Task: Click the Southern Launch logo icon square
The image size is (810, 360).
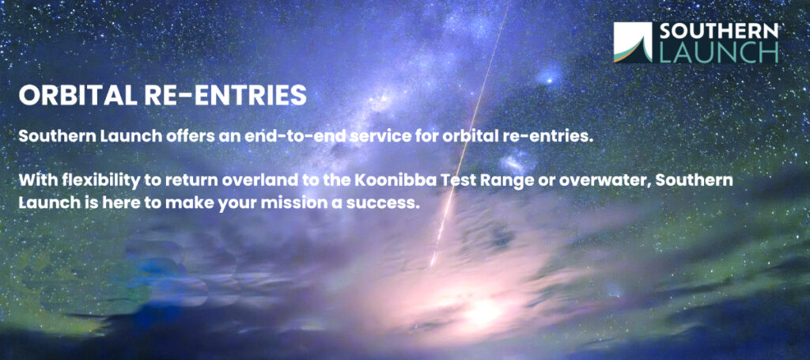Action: coord(634,43)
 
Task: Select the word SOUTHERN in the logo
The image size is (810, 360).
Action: coord(718,32)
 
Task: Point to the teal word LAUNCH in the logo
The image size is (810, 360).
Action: coord(718,53)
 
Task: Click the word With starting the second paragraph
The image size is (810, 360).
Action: coord(38,181)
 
